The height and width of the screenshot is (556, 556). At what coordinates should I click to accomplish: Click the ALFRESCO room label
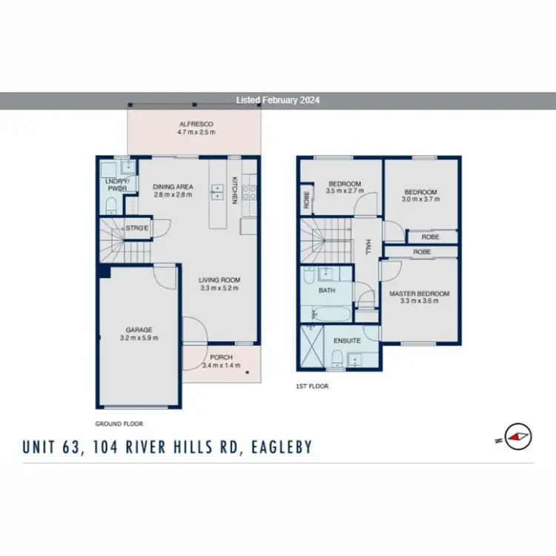pyautogui.click(x=196, y=124)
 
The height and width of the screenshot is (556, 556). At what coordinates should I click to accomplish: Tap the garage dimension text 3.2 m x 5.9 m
pyautogui.click(x=139, y=338)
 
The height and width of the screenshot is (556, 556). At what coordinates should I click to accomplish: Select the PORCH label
pyautogui.click(x=222, y=357)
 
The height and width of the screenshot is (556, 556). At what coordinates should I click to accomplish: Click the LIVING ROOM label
pyautogui.click(x=219, y=280)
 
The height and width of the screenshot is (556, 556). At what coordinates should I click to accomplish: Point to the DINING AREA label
pyautogui.click(x=173, y=187)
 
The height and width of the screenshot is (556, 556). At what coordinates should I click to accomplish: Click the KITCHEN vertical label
pyautogui.click(x=235, y=189)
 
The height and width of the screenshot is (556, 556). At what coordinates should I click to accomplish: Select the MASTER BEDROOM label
pyautogui.click(x=418, y=294)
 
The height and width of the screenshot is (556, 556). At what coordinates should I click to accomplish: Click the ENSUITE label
pyautogui.click(x=348, y=341)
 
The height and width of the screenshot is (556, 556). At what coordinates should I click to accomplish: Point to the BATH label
pyautogui.click(x=327, y=291)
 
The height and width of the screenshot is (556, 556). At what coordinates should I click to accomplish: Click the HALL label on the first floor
pyautogui.click(x=366, y=245)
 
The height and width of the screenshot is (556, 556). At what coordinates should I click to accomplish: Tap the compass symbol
pyautogui.click(x=517, y=436)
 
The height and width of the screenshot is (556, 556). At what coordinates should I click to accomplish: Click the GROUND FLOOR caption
pyautogui.click(x=119, y=424)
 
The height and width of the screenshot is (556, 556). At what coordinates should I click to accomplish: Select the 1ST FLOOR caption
pyautogui.click(x=311, y=386)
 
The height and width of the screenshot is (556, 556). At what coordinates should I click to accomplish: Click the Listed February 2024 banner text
pyautogui.click(x=277, y=100)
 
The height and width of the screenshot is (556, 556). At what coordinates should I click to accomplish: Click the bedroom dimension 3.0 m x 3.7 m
pyautogui.click(x=421, y=199)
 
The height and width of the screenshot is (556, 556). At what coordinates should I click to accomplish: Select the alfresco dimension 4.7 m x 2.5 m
pyautogui.click(x=196, y=132)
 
